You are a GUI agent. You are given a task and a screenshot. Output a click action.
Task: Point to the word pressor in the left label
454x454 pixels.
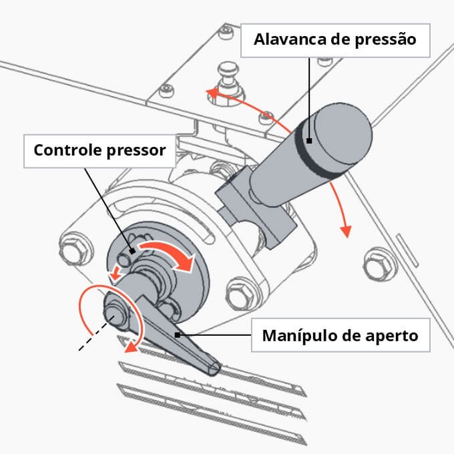click(x=136, y=150)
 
